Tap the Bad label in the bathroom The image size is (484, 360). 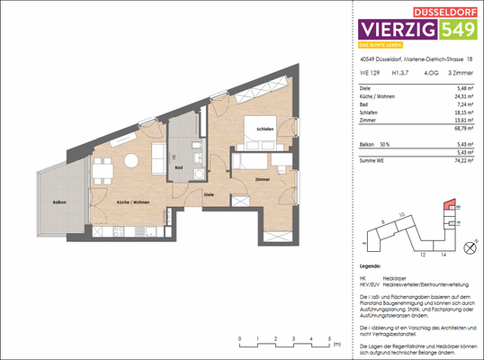coord(181,166)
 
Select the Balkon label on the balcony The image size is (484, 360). coord(58,202)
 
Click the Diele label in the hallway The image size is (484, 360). coord(209,193)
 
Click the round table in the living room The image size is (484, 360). coord(133,161)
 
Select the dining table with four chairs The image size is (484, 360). coord(103,166)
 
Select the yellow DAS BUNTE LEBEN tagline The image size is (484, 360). coord(380,46)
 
